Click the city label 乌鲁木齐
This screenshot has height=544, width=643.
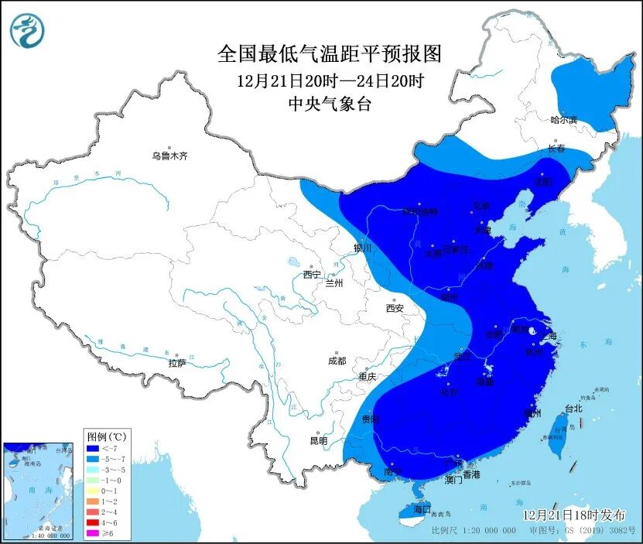click(x=169, y=156)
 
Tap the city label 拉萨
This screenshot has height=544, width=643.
click(x=176, y=363)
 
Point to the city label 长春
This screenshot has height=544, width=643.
click(x=556, y=148)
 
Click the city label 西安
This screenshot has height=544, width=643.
click(x=394, y=309)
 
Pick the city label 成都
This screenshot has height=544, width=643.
click(x=337, y=361)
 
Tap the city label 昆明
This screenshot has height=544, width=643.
click(x=318, y=441)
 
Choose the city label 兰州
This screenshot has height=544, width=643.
click(x=334, y=283)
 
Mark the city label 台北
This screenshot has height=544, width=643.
click(x=573, y=409)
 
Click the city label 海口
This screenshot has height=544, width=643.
click(x=421, y=510)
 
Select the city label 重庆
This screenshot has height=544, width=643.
click(x=367, y=377)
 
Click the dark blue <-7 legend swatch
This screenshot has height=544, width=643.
click(x=93, y=448)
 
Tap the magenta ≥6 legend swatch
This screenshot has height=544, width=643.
click(x=93, y=533)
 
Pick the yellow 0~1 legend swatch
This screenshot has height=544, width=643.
click(x=93, y=491)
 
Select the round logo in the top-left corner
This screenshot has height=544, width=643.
click(x=27, y=32)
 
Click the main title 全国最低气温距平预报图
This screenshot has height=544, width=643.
click(x=329, y=54)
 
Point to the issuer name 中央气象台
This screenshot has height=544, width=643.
click(x=329, y=104)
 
